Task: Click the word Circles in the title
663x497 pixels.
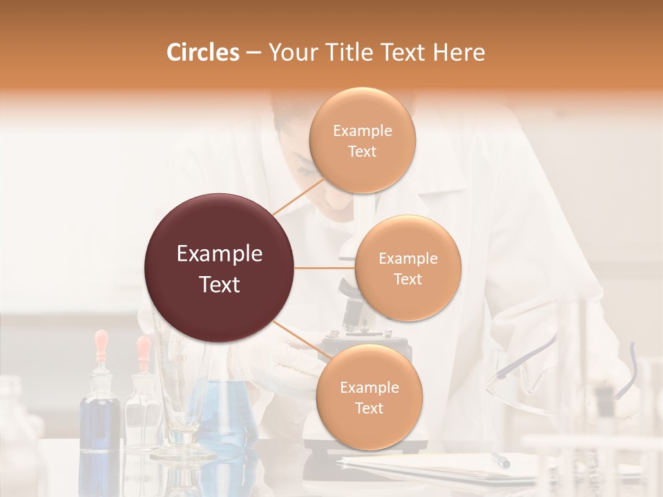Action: [x=202, y=52]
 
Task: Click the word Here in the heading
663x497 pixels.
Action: [x=459, y=52]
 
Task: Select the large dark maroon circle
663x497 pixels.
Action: [x=220, y=268]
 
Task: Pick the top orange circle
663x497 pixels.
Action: [x=362, y=140]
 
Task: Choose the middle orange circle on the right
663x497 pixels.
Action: [x=407, y=268]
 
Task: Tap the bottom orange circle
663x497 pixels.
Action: [x=369, y=397]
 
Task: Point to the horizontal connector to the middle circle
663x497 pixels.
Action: [x=325, y=268]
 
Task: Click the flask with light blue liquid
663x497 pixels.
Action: [x=228, y=414]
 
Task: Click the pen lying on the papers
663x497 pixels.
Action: [x=501, y=459]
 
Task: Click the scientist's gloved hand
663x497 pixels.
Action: [x=290, y=366]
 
